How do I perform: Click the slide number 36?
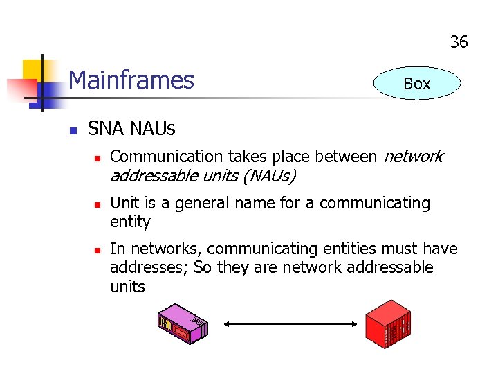click(x=459, y=42)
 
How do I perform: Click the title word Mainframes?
click(x=131, y=80)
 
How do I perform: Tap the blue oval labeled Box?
click(x=416, y=84)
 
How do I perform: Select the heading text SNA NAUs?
click(x=131, y=129)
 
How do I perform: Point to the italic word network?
click(x=412, y=157)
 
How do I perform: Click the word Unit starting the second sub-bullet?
click(x=124, y=203)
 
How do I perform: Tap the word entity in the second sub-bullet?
click(x=130, y=222)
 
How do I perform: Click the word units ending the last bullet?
click(x=127, y=286)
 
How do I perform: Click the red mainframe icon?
click(x=388, y=324)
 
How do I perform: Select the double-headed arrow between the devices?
click(x=291, y=323)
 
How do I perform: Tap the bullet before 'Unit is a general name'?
click(x=97, y=204)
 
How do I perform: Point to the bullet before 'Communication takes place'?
click(x=97, y=158)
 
